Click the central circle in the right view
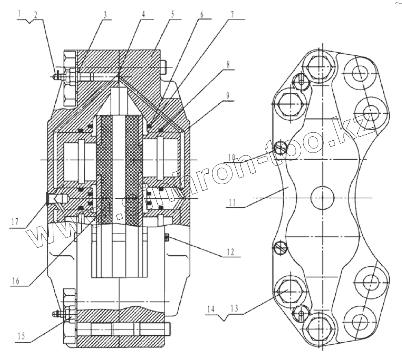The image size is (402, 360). (322, 198)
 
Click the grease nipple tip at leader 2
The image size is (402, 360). (55, 76)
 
